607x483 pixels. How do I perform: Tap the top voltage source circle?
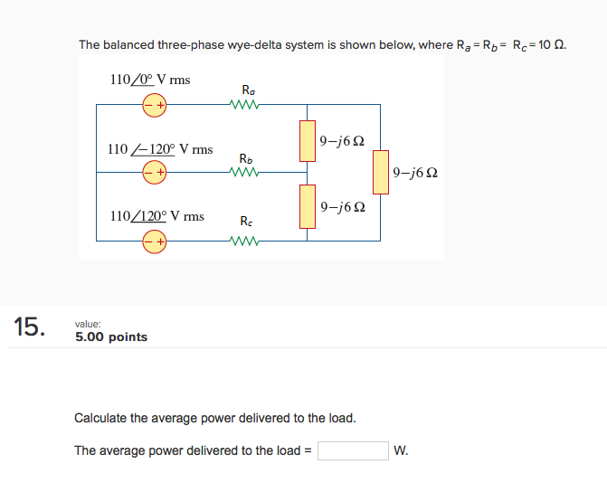(154, 105)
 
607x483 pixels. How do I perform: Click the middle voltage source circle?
(154, 172)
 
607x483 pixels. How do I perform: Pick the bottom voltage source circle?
(154, 241)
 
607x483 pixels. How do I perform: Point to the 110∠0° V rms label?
(149, 80)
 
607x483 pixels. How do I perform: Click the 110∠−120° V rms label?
(159, 148)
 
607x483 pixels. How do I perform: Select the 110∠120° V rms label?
(156, 216)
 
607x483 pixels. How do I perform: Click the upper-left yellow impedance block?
(308, 141)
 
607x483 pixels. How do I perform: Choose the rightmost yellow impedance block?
(381, 172)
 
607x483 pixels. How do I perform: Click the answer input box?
(353, 450)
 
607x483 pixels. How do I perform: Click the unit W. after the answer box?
(401, 450)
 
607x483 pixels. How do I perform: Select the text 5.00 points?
(111, 337)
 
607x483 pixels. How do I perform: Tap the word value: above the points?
(89, 323)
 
